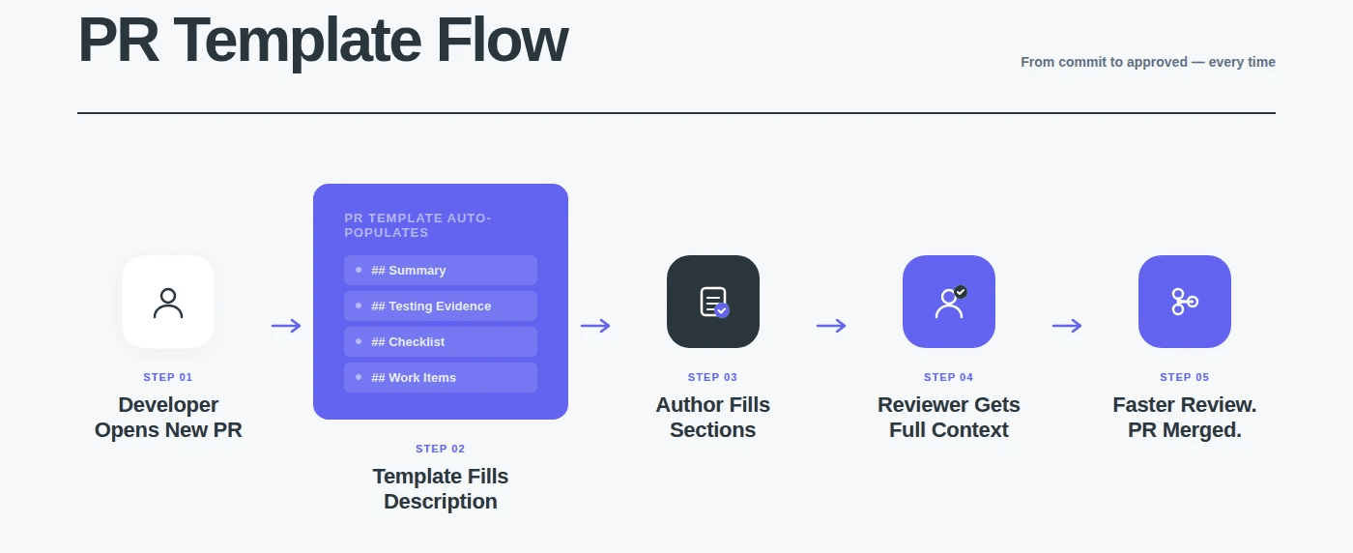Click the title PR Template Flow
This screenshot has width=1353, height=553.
pyautogui.click(x=322, y=42)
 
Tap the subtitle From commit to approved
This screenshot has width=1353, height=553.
pyautogui.click(x=1147, y=62)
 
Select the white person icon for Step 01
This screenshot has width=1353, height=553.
pyautogui.click(x=168, y=302)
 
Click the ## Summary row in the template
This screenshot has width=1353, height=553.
pyautogui.click(x=441, y=271)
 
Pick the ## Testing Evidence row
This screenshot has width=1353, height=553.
pyautogui.click(x=441, y=306)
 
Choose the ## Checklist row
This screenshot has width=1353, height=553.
pyautogui.click(x=441, y=342)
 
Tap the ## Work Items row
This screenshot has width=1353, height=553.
pyautogui.click(x=441, y=378)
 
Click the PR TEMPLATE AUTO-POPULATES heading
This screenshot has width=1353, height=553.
pyautogui.click(x=417, y=225)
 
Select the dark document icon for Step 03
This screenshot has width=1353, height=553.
pyautogui.click(x=713, y=302)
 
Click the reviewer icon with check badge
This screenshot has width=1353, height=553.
pyautogui.click(x=949, y=302)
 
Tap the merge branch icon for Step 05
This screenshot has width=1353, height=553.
pyautogui.click(x=1185, y=302)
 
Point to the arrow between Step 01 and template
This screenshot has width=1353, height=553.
pyautogui.click(x=286, y=326)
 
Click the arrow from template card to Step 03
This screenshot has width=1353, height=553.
pyautogui.click(x=595, y=326)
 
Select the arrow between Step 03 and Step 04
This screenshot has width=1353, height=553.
pyautogui.click(x=831, y=326)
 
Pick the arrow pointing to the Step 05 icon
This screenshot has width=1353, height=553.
pyautogui.click(x=1067, y=326)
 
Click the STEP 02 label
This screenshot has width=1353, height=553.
pyautogui.click(x=441, y=449)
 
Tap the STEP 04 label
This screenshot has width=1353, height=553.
pyautogui.click(x=949, y=377)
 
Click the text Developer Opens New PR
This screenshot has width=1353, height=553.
pyautogui.click(x=168, y=418)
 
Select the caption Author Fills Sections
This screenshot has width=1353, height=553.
pyautogui.click(x=713, y=418)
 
